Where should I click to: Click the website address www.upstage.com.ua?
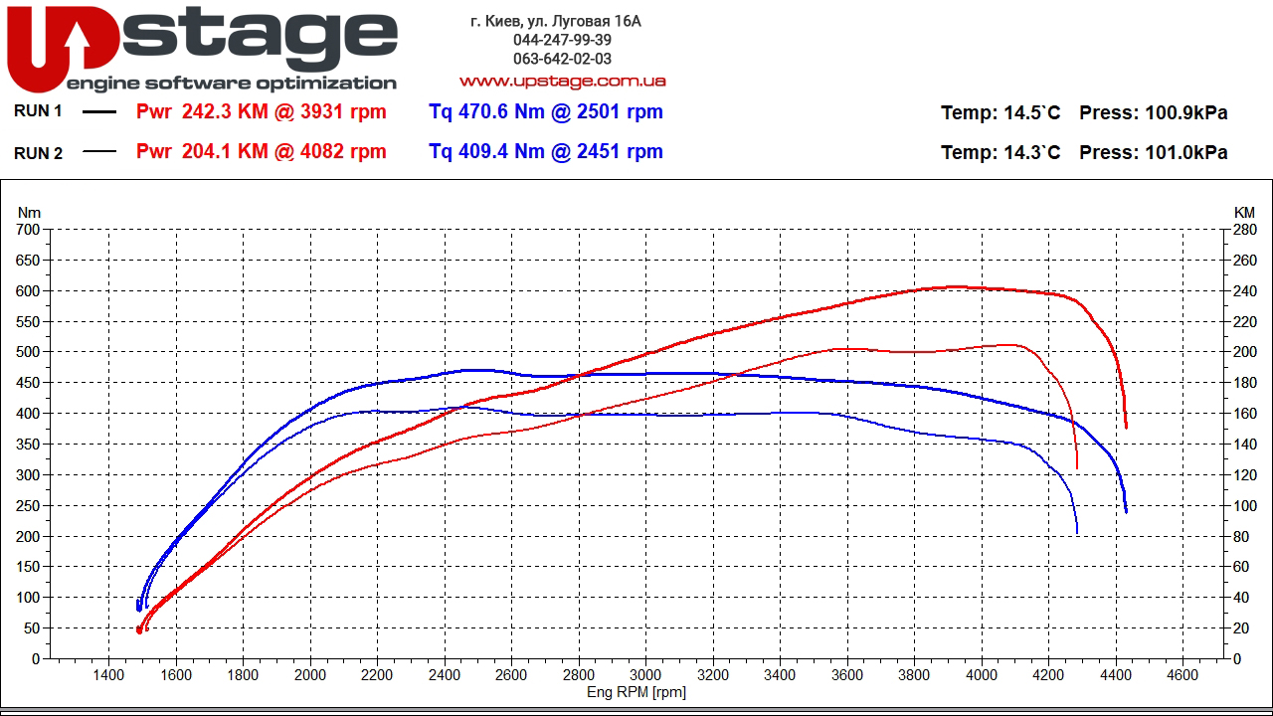(562, 81)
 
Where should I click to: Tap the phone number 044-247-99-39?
(562, 40)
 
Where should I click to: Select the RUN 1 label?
(39, 111)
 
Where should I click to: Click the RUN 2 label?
(39, 152)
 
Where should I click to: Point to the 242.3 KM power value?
(225, 112)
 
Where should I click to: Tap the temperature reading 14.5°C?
(1031, 113)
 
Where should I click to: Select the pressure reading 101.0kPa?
(1186, 153)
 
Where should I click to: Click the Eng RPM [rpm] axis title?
(636, 692)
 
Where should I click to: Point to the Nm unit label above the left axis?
(30, 212)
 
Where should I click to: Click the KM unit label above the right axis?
(1244, 212)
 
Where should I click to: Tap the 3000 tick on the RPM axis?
(645, 674)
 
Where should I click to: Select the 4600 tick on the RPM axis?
(1182, 674)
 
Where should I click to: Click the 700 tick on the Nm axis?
(29, 230)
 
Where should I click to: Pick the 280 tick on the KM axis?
(1244, 230)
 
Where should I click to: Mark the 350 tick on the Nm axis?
(29, 444)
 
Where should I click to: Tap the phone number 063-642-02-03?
(562, 59)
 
